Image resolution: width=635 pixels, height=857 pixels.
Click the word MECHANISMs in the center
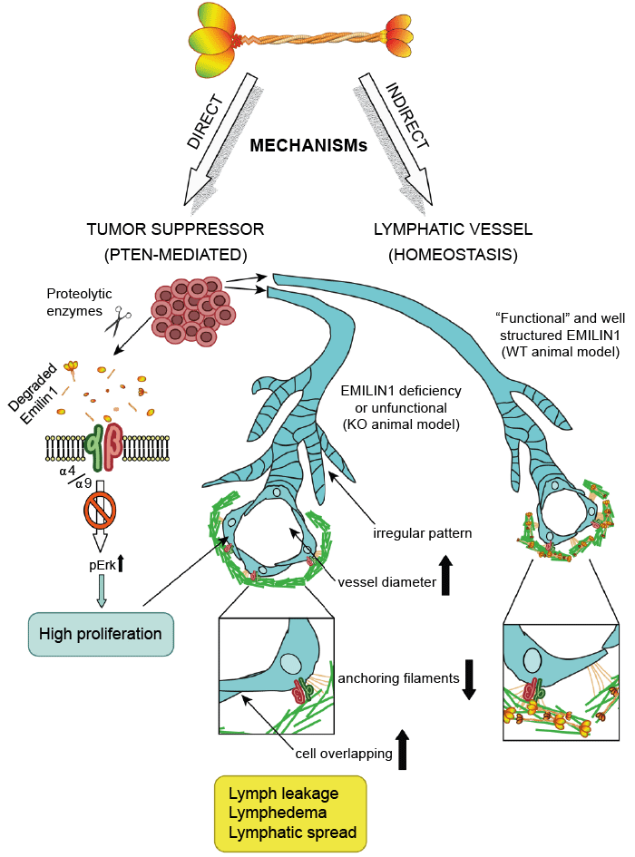tap(308, 144)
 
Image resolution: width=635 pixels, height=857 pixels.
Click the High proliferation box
tap(101, 633)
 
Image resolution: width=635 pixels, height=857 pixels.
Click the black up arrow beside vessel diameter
tap(447, 578)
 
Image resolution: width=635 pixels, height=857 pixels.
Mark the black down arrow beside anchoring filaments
tap(469, 679)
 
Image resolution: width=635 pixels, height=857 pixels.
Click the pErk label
tap(89, 566)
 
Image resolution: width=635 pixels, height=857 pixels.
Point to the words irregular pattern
tap(423, 533)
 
